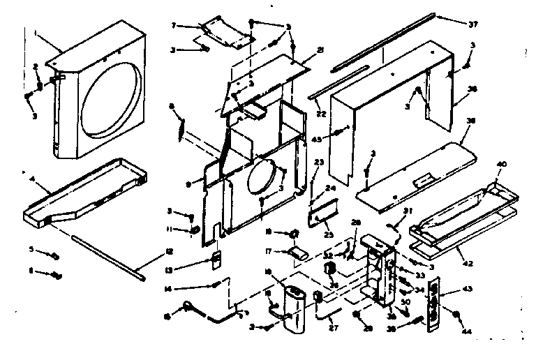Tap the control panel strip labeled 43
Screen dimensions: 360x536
click(x=433, y=303)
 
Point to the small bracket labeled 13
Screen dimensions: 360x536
click(x=217, y=259)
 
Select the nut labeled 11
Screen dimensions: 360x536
click(x=195, y=230)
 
